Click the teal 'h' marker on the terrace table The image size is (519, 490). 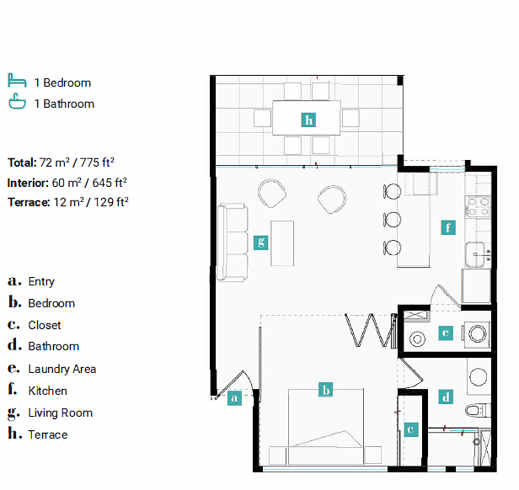(x=308, y=120)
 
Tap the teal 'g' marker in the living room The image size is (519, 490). (x=261, y=242)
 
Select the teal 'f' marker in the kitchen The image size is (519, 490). (x=448, y=227)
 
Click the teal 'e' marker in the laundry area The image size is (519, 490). (x=446, y=333)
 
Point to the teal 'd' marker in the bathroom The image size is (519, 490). (x=446, y=397)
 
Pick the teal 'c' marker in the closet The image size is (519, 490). (x=411, y=429)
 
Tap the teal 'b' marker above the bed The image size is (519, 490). (x=326, y=390)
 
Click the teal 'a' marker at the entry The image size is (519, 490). (x=234, y=398)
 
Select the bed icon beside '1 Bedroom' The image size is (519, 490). (x=17, y=80)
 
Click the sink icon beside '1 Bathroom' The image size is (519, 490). (x=17, y=101)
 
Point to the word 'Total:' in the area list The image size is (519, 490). (x=22, y=162)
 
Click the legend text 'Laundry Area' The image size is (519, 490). (x=62, y=369)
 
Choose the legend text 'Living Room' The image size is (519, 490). (x=61, y=413)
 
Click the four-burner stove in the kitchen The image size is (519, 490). (x=478, y=206)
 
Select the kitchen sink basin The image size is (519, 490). (x=475, y=254)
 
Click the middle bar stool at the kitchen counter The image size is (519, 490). (x=393, y=220)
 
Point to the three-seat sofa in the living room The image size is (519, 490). (x=233, y=242)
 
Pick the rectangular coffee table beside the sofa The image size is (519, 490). (x=282, y=243)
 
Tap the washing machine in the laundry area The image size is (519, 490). (x=477, y=334)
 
